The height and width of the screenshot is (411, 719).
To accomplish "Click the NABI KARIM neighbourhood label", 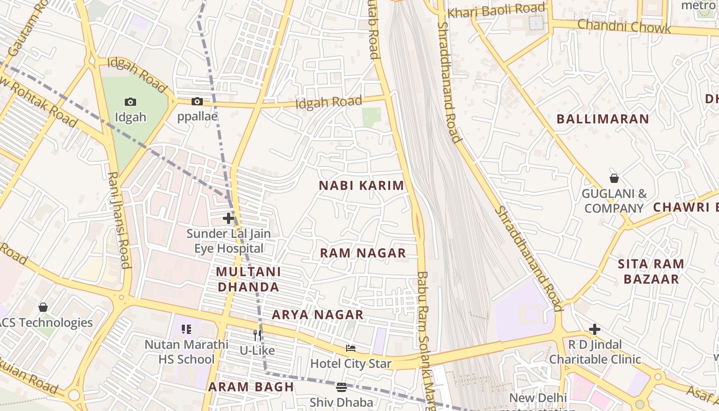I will pos(362,185).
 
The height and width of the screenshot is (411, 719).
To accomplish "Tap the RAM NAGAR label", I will pos(363,253).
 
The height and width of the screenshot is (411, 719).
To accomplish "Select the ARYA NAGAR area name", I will pos(317,314).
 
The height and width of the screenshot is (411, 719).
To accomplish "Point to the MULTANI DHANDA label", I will pos(248,279).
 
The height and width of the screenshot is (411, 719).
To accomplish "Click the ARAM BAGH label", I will pos(251,387).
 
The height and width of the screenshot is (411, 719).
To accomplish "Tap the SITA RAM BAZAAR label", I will pos(651,271).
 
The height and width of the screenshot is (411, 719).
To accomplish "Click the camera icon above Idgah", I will pos(130,102).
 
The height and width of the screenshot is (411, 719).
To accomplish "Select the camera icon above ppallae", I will pos(197,101).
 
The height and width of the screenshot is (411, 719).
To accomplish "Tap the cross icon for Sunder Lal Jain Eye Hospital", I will pos(229,218).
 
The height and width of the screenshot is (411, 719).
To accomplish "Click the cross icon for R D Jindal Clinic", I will pos(595,329).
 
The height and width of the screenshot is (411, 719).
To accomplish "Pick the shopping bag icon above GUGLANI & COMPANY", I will pos(614,178).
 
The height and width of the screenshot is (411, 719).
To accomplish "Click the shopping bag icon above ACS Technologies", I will pos(43,307).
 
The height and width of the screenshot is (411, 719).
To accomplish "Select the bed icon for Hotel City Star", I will pos(351,348).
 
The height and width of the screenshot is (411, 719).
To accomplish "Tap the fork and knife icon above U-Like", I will pos(257,335).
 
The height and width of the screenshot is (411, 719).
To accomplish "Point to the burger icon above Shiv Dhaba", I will pos(342,387).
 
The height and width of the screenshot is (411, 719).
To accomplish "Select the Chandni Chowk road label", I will pos(624,26).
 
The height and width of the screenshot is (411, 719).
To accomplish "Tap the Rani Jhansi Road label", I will pos(118,220).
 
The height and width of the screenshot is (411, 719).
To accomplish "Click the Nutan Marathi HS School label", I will pos(186,351).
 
